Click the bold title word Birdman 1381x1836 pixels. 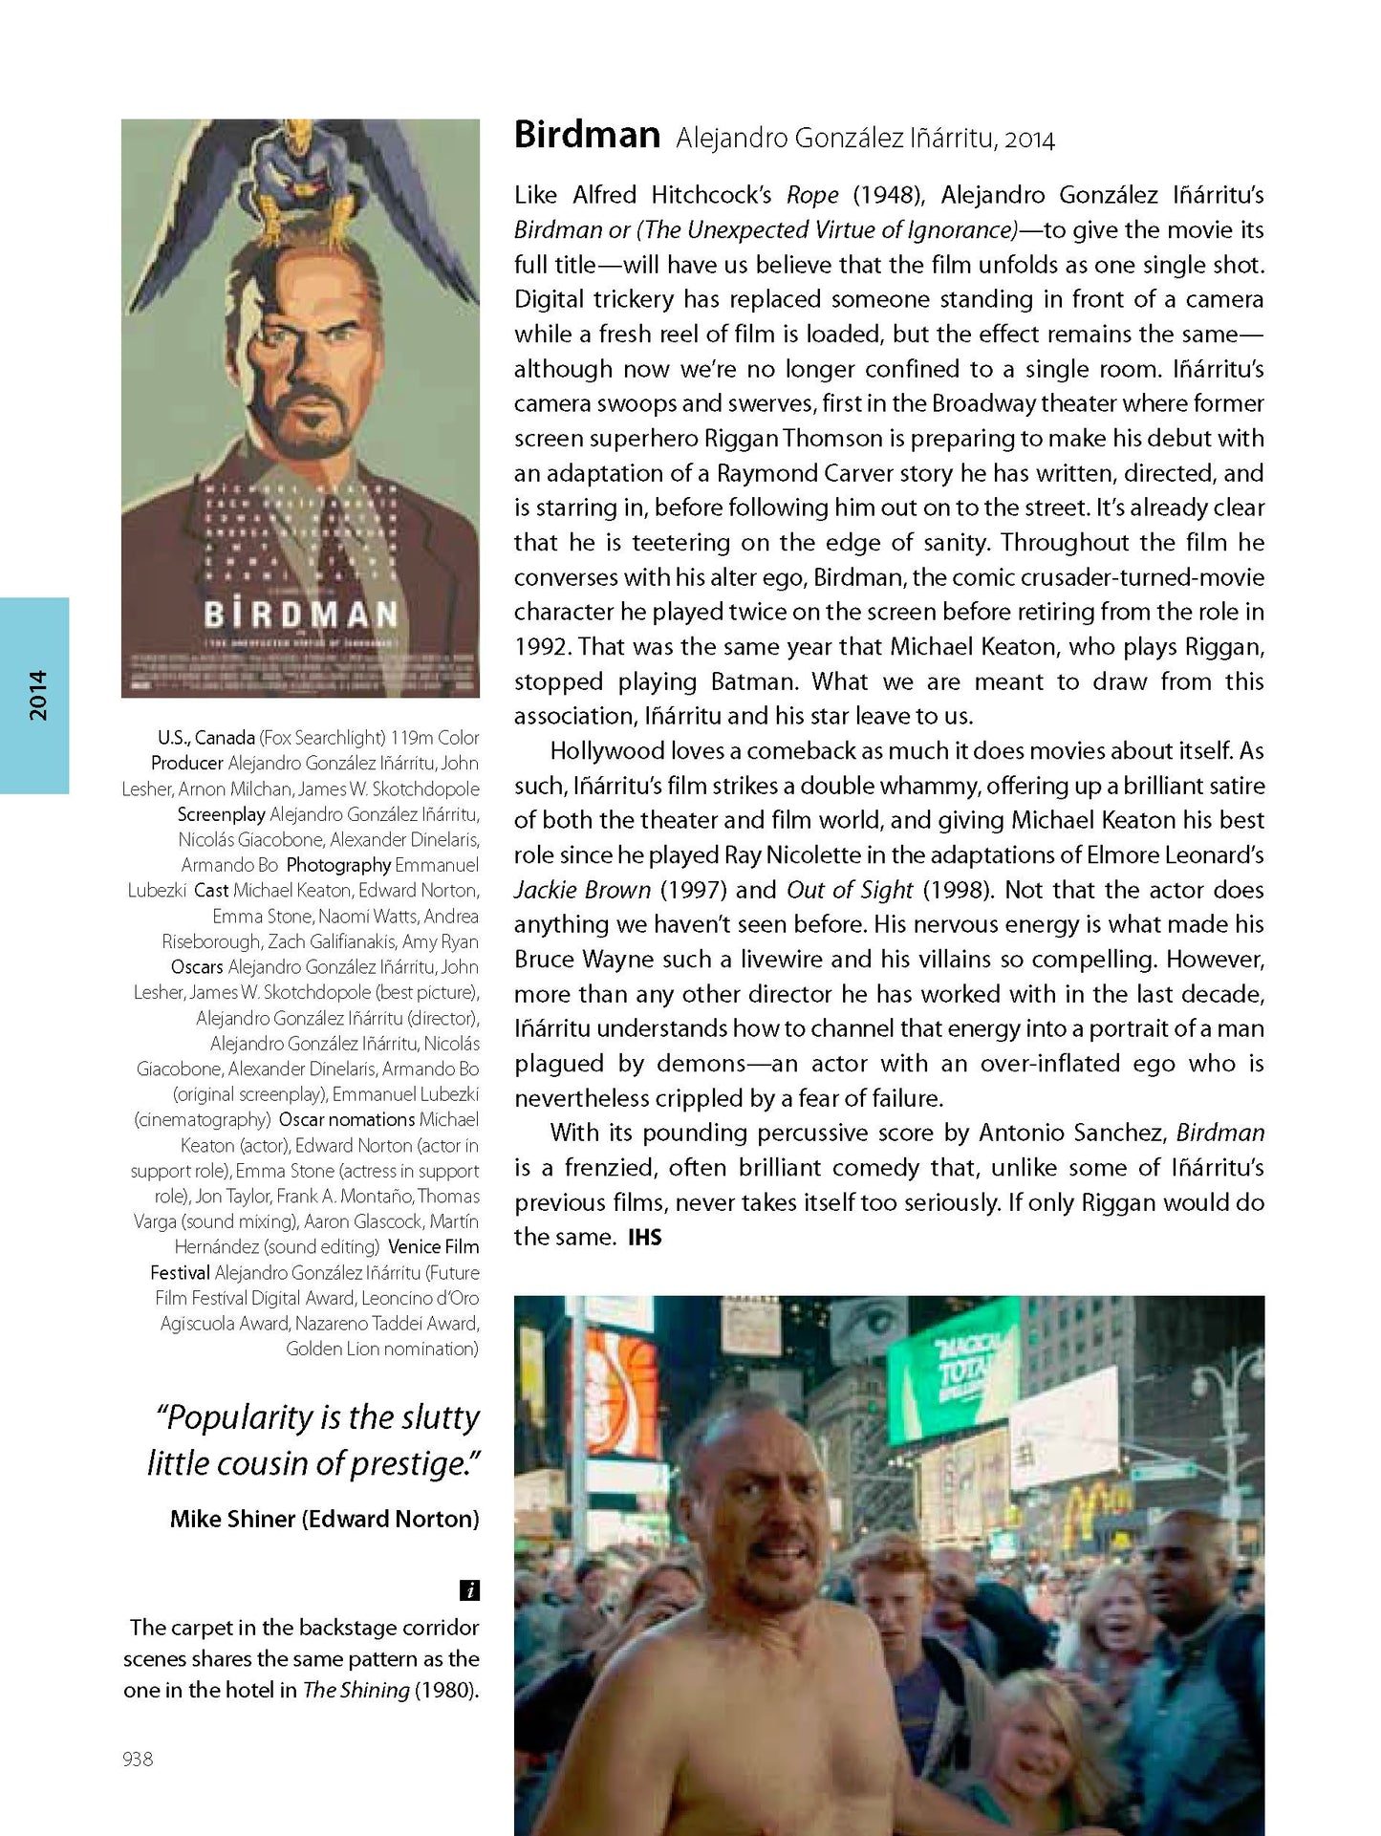[x=587, y=135]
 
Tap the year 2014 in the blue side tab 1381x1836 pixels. [x=37, y=695]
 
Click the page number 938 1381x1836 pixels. [x=138, y=1759]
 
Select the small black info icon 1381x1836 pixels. [x=469, y=1590]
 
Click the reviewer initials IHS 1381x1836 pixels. [x=644, y=1238]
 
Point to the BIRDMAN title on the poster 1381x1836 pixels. [x=301, y=614]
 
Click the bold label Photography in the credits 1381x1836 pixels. [x=338, y=865]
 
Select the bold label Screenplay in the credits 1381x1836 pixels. [x=221, y=814]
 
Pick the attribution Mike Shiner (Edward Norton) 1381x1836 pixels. [x=324, y=1519]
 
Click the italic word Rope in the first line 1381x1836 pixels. [x=812, y=195]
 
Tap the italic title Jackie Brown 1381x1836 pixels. [x=582, y=890]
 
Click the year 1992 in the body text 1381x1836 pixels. [x=540, y=647]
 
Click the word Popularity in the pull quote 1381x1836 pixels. [x=242, y=1417]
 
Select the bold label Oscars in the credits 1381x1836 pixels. [x=197, y=967]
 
